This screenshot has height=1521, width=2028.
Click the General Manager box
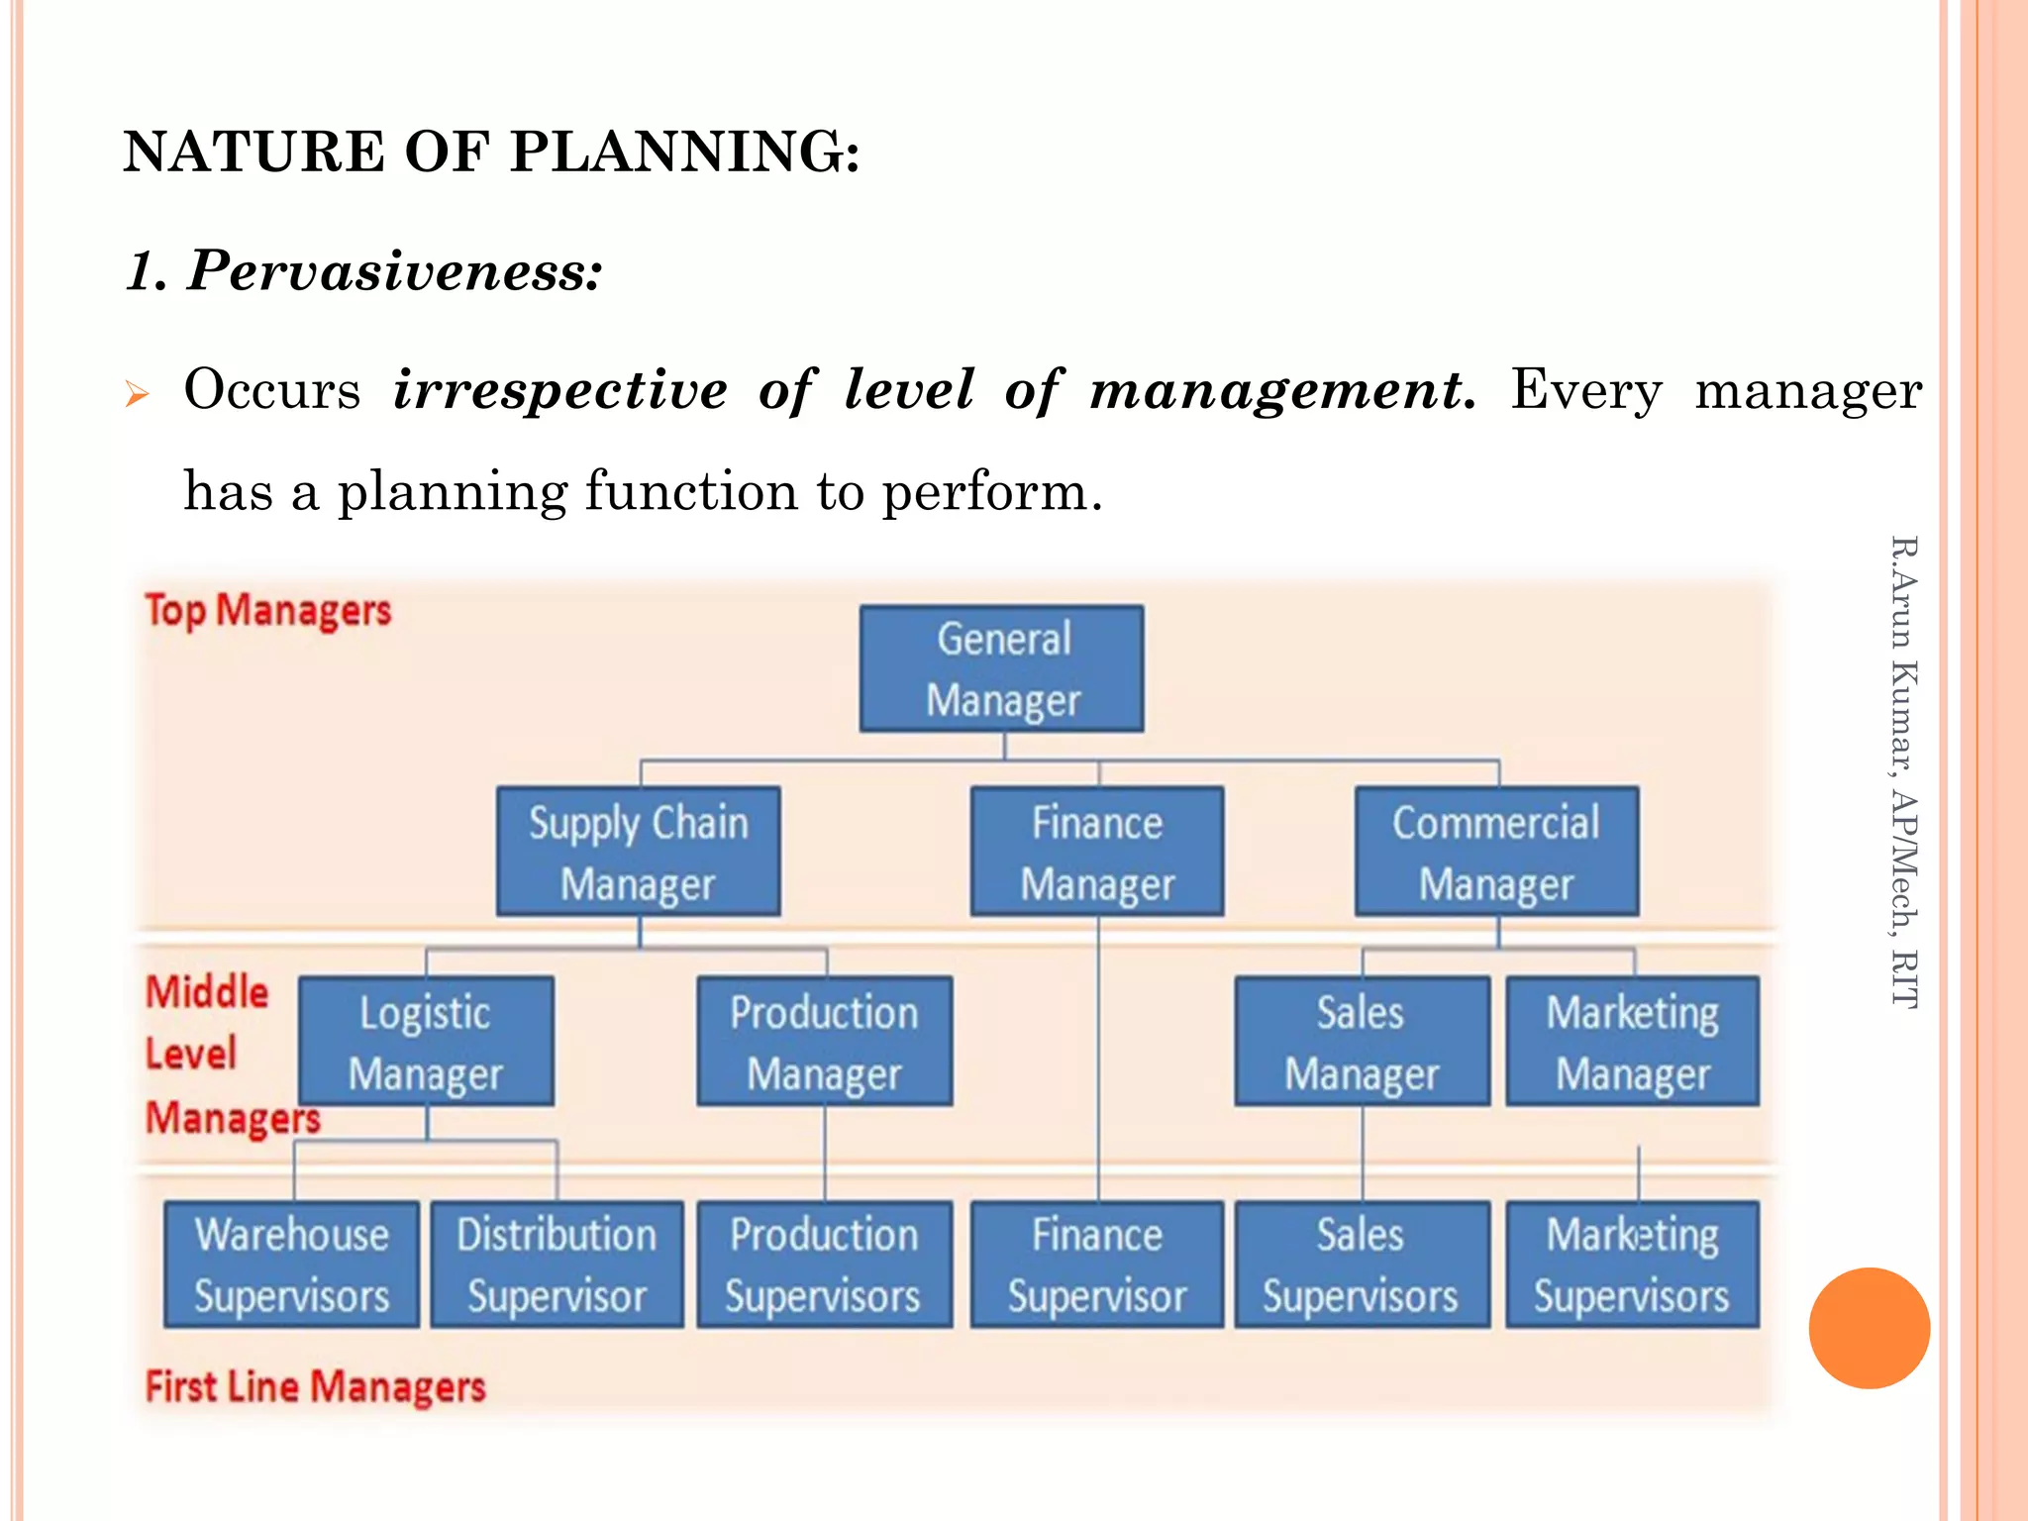[x=1002, y=669]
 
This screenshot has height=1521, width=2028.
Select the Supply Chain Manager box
[x=639, y=852]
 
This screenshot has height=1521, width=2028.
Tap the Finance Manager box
[x=1097, y=852]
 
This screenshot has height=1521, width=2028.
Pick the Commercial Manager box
[x=1496, y=852]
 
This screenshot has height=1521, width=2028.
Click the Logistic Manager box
[x=426, y=1042]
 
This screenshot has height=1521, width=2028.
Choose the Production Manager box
[x=825, y=1042]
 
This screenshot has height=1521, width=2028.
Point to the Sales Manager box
[x=1362, y=1042]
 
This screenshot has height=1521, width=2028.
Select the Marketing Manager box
[x=1633, y=1042]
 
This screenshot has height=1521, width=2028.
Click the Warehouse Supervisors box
[x=292, y=1265]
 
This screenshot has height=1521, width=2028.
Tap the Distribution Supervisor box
[x=557, y=1265]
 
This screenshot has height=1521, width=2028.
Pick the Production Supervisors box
[x=825, y=1265]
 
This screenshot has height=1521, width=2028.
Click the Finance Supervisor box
[x=1097, y=1265]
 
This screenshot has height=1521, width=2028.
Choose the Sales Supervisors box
[x=1362, y=1265]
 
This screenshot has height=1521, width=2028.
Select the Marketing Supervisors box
[x=1633, y=1265]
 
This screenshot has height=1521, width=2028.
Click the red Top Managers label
[x=268, y=610]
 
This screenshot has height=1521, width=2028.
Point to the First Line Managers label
[x=316, y=1386]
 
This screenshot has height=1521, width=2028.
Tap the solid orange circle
[x=1869, y=1328]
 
